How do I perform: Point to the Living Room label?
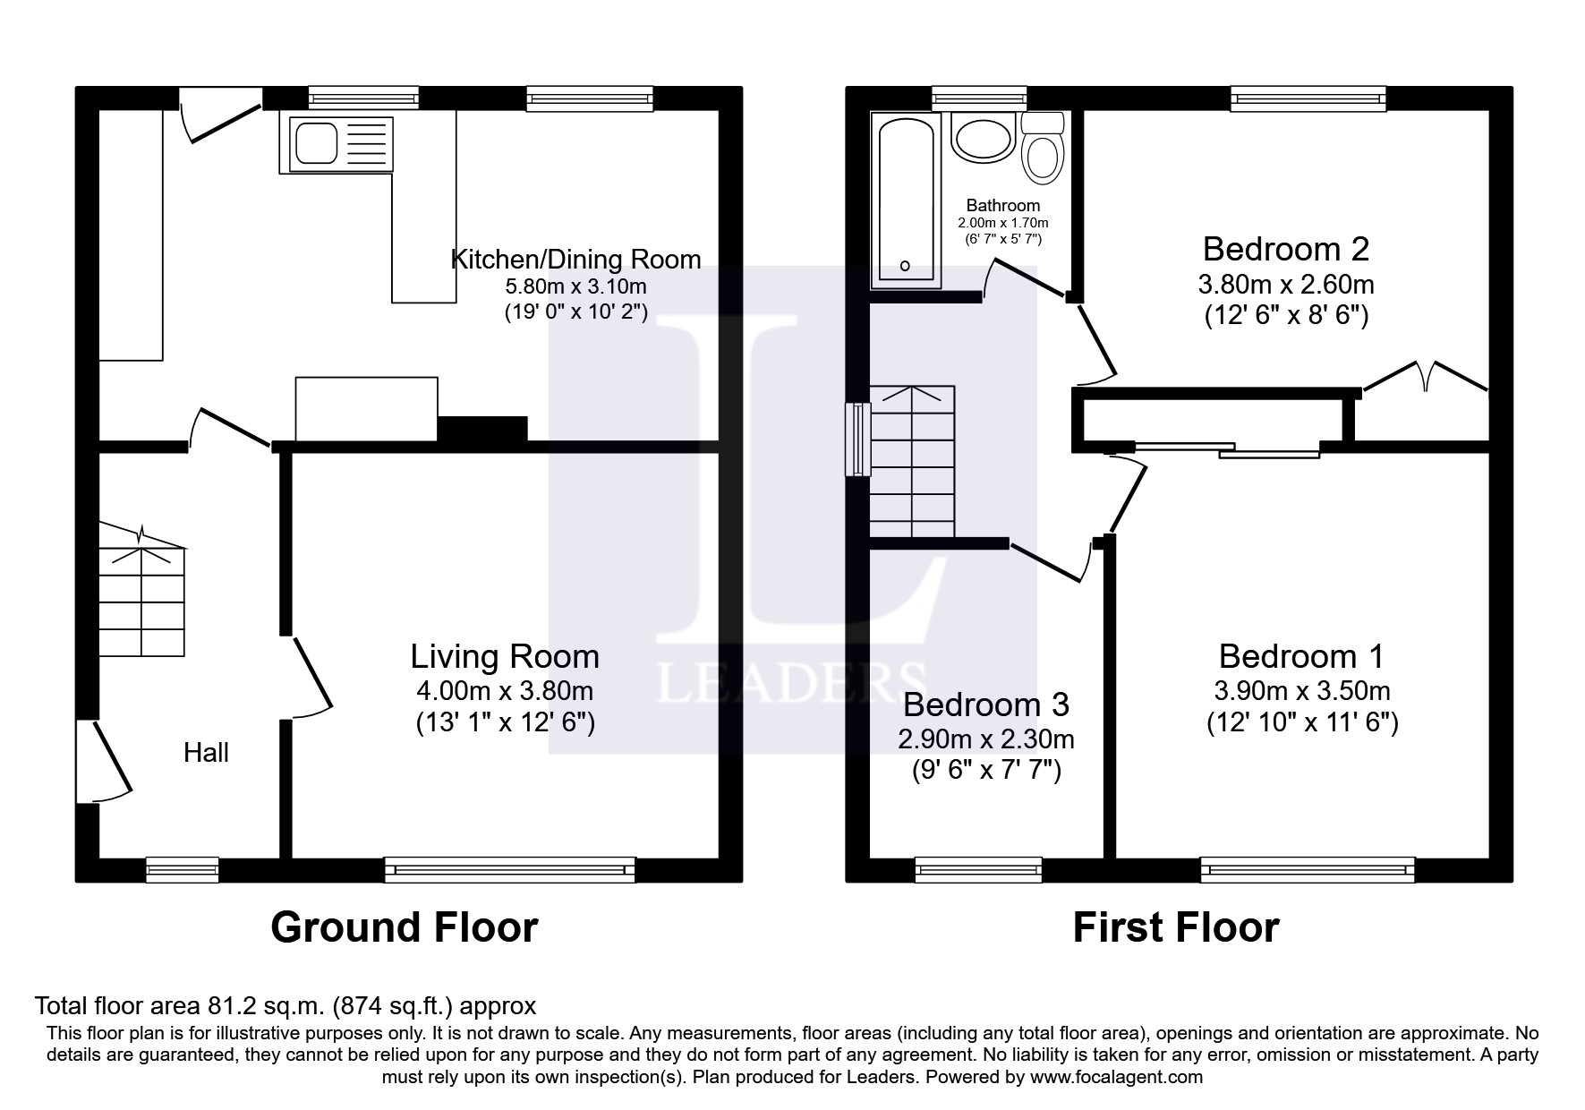[x=505, y=657]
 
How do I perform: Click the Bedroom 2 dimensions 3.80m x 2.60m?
[x=1285, y=286]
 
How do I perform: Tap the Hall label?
[x=206, y=753]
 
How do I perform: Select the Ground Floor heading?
[x=405, y=927]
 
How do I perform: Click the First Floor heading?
[x=1175, y=927]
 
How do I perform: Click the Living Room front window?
[x=509, y=868]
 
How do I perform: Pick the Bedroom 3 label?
[x=985, y=705]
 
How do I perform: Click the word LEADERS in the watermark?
[x=790, y=683]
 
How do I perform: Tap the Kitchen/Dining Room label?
[x=575, y=260]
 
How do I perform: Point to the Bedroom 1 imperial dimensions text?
[x=1301, y=722]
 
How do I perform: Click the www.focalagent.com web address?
[x=1116, y=1077]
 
